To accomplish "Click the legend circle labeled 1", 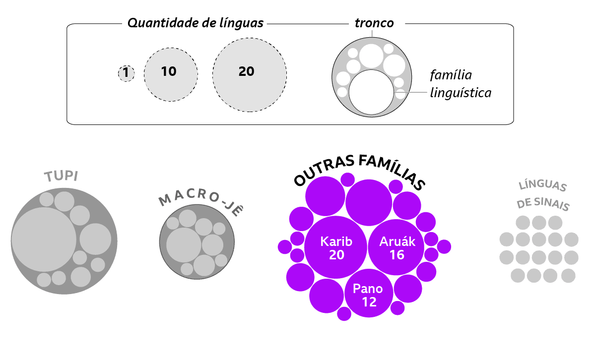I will click(x=126, y=74).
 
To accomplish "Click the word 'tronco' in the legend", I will click(x=374, y=23).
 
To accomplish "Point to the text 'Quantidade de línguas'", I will click(x=196, y=23).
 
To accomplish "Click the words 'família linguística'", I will click(x=460, y=84).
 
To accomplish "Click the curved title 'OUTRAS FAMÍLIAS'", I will click(x=360, y=170).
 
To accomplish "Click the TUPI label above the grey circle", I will click(x=62, y=177).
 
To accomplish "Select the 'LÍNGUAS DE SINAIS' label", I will click(x=542, y=195).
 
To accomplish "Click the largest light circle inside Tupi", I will click(x=44, y=240).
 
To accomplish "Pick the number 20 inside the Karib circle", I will click(x=336, y=255).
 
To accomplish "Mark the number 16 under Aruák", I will click(x=397, y=255).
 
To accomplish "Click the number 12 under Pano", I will click(x=369, y=301).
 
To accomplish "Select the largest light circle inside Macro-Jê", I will click(x=184, y=244).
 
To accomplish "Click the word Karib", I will click(x=336, y=241).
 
